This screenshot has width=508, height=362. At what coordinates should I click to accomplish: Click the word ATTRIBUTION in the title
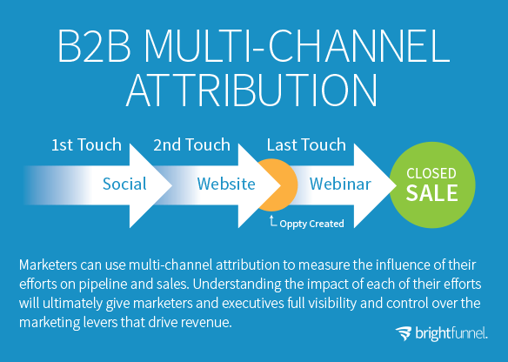(x=251, y=90)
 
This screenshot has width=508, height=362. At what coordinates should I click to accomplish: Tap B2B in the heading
(x=94, y=46)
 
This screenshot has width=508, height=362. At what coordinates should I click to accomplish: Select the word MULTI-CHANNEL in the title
(x=297, y=46)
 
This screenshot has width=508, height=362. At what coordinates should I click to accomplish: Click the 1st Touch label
(x=86, y=144)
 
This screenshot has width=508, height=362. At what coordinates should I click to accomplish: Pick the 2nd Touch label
(x=191, y=144)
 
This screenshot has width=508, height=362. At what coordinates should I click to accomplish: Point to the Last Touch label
(x=306, y=144)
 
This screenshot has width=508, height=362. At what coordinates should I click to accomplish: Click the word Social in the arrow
(x=124, y=184)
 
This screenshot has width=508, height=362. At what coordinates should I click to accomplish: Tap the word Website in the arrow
(x=226, y=184)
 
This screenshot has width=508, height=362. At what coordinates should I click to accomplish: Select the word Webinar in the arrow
(x=340, y=184)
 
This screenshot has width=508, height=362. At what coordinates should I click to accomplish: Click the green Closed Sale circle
(x=432, y=185)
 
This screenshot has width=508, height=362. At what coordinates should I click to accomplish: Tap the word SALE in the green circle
(x=431, y=193)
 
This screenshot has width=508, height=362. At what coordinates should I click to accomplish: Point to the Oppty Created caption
(x=311, y=224)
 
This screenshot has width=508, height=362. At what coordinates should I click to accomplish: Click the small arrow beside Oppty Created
(x=272, y=221)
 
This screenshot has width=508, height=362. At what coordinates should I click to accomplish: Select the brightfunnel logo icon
(x=404, y=333)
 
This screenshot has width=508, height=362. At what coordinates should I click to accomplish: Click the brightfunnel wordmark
(x=451, y=333)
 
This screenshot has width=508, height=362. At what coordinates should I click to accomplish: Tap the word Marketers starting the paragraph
(x=48, y=265)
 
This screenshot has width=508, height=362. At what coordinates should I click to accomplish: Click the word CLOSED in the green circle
(x=431, y=173)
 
